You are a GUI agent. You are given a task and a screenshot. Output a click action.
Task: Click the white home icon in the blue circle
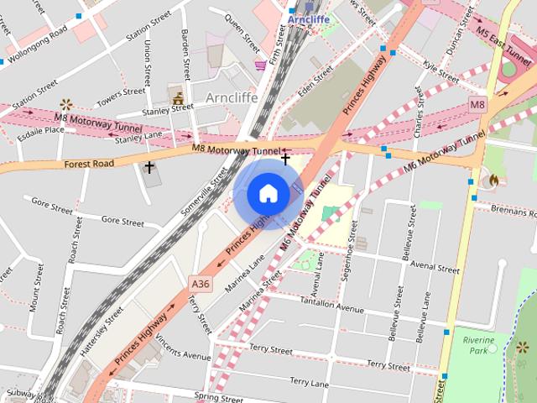(268, 193)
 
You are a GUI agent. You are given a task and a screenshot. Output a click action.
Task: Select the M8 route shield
(477, 105)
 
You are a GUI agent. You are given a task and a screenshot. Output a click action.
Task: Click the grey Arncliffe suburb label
(231, 97)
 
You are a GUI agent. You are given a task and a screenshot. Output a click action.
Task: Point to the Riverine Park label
(480, 346)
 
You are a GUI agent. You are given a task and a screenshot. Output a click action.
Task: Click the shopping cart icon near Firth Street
(261, 64)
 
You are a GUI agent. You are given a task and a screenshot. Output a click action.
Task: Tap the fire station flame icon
(493, 180)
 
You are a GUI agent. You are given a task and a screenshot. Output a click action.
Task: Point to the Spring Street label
(218, 395)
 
